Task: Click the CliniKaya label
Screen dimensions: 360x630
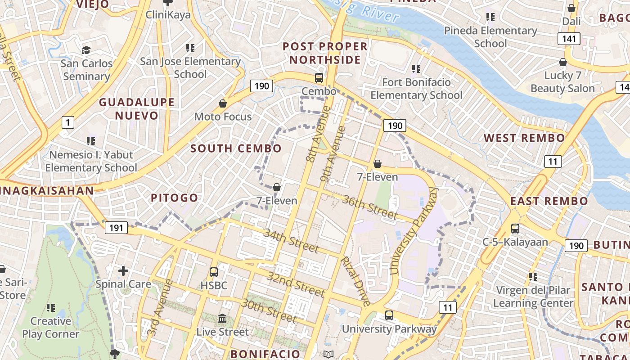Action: click(x=168, y=15)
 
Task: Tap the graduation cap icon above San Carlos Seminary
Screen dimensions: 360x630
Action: click(x=86, y=50)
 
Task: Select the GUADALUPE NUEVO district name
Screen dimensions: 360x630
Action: click(x=136, y=109)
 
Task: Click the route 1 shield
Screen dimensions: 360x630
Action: click(x=68, y=122)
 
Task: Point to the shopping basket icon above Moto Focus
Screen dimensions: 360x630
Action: click(x=222, y=104)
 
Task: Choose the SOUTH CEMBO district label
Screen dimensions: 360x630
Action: click(x=236, y=148)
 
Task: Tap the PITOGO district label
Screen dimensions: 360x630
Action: click(x=174, y=198)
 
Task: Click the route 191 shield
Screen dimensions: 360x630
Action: click(x=116, y=228)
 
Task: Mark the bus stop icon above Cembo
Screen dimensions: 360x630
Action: click(x=319, y=77)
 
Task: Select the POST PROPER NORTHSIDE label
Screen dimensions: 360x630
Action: click(x=325, y=53)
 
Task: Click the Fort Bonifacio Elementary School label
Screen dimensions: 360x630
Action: click(x=416, y=89)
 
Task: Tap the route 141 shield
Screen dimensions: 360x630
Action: click(x=569, y=39)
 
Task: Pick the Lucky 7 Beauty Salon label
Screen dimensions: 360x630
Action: click(x=562, y=82)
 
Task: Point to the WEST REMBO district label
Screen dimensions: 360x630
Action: click(x=524, y=138)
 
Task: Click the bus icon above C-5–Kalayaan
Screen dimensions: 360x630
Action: click(x=515, y=229)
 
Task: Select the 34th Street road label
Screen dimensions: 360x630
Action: click(x=291, y=241)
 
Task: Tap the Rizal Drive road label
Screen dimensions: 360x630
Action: click(x=355, y=281)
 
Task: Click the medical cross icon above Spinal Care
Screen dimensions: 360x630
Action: click(x=123, y=271)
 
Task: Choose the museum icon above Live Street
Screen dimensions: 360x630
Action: click(x=222, y=319)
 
